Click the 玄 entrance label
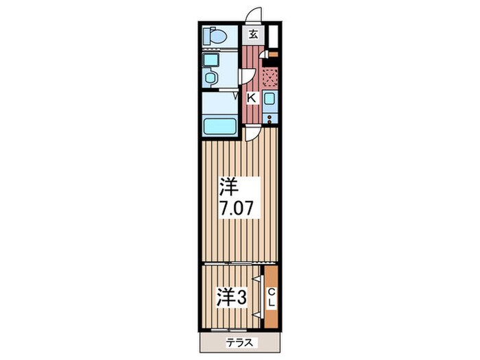[254, 34]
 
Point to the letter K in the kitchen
[251, 98]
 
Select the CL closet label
[271, 297]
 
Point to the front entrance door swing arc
[254, 16]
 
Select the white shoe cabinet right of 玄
[272, 35]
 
